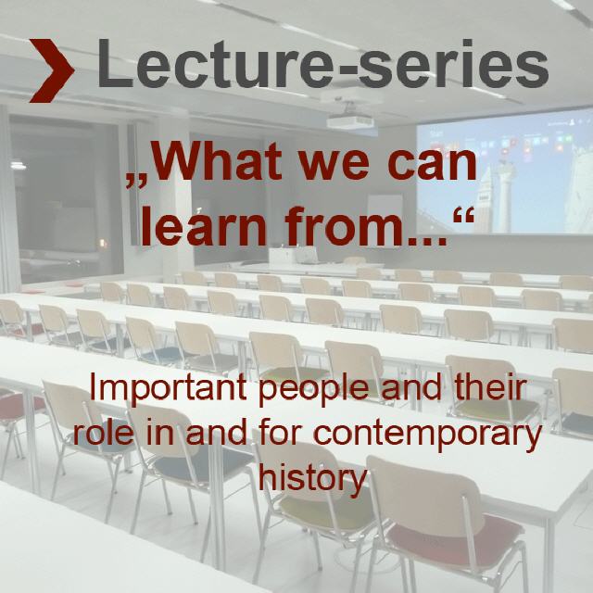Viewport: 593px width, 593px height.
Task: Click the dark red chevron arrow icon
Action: pyautogui.click(x=52, y=70)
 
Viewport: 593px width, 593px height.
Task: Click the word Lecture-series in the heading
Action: pyautogui.click(x=322, y=64)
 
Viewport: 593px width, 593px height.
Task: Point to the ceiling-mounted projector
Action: pyautogui.click(x=350, y=120)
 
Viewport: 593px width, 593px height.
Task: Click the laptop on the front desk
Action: pyautogui.click(x=307, y=256)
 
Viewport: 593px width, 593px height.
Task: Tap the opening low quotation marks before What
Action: pyautogui.click(x=136, y=181)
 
